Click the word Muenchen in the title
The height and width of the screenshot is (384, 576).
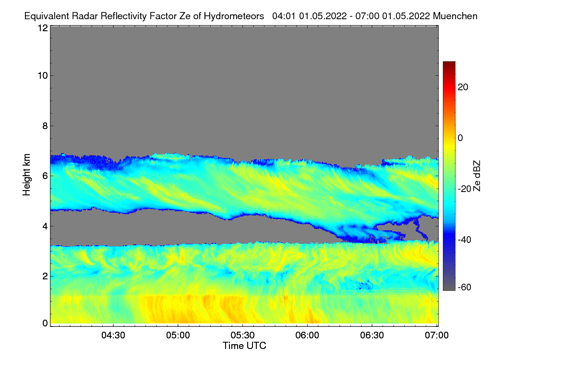[x=455, y=16]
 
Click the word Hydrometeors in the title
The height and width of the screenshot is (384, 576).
[x=234, y=16]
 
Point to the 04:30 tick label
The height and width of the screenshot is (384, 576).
[x=113, y=336]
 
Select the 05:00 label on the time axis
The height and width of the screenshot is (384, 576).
[x=178, y=336]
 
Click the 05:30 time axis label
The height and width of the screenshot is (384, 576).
[x=243, y=336]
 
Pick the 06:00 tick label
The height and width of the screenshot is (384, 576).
[x=308, y=336]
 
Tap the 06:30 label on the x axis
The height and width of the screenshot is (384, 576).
[x=372, y=336]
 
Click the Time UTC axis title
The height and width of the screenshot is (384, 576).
[x=244, y=346]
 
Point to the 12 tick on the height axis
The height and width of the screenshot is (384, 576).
[x=42, y=28]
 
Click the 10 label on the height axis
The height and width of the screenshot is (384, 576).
[x=42, y=75]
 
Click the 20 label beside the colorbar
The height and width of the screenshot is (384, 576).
[x=464, y=87]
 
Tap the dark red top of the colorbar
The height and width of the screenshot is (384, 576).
[x=449, y=64]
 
